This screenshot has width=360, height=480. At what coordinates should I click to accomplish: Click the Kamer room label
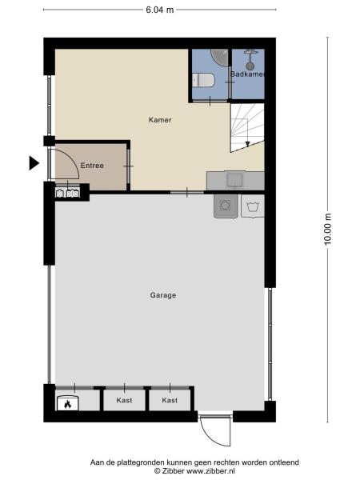(x=160, y=120)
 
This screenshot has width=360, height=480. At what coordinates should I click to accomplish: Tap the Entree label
(x=92, y=166)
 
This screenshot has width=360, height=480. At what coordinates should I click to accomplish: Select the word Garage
(x=162, y=295)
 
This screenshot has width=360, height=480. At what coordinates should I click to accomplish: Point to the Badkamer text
(x=246, y=74)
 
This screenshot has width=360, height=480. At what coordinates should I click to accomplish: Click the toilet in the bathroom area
(x=202, y=81)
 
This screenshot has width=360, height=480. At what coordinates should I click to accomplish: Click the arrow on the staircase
(x=248, y=142)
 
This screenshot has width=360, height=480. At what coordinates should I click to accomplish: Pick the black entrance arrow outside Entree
(x=34, y=163)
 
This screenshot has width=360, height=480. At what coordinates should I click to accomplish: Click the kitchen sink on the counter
(x=235, y=179)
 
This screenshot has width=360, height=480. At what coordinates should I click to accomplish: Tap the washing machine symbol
(x=225, y=206)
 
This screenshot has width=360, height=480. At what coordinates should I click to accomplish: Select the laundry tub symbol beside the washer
(x=253, y=207)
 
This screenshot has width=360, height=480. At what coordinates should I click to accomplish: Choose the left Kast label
(x=124, y=400)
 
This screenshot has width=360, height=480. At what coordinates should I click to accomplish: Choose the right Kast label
(x=170, y=400)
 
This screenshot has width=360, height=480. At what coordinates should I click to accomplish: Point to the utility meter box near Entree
(x=67, y=192)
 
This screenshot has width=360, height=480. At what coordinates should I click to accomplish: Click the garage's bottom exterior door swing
(x=213, y=432)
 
